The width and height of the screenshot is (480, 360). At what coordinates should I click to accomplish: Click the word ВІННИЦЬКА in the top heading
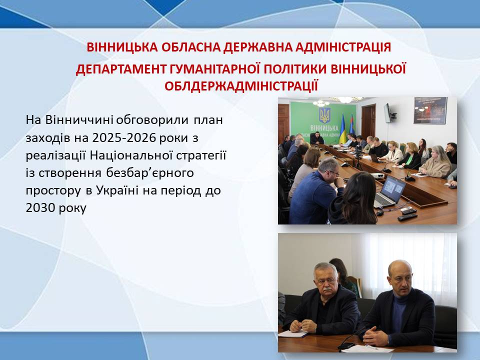tap(122, 47)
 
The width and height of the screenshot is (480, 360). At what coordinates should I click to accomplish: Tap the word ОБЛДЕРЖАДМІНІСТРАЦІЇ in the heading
tap(241, 86)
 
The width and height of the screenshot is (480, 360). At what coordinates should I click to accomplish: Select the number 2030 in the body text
tap(40, 208)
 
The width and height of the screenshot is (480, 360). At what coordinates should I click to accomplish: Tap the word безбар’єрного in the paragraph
tap(150, 173)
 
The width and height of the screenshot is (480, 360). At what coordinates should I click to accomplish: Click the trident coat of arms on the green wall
tap(324, 115)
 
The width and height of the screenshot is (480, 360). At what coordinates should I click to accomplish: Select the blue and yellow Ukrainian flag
tap(342, 129)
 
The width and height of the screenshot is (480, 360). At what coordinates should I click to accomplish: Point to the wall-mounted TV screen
tap(388, 113)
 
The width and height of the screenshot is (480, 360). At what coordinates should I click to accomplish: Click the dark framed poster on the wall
tap(430, 110)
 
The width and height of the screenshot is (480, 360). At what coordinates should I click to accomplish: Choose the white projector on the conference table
tap(377, 175)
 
